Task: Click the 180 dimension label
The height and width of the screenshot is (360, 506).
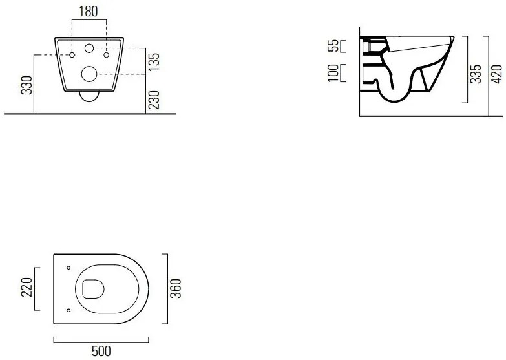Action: click(89, 12)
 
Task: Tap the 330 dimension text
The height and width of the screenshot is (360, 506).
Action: click(27, 85)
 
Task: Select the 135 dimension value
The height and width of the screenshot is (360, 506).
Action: click(154, 61)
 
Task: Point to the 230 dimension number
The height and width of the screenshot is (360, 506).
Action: click(154, 100)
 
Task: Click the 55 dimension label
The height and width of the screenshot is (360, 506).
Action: click(333, 45)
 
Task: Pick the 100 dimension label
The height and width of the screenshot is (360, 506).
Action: click(333, 73)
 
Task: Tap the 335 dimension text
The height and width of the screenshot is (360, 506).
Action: click(476, 74)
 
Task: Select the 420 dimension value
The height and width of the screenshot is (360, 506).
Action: click(497, 74)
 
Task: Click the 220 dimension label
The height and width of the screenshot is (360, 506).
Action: click(27, 287)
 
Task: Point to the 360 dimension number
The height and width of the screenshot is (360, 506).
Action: click(176, 289)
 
